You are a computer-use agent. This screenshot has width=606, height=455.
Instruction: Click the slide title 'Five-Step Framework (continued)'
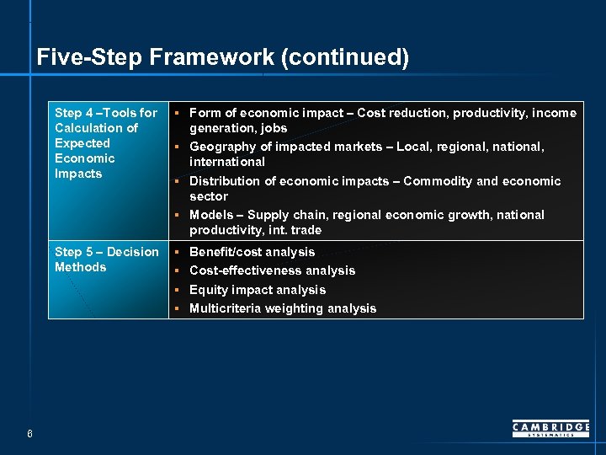(223, 57)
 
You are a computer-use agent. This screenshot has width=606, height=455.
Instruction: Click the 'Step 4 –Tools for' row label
(105, 113)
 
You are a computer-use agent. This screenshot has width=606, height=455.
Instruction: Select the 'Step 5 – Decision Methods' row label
(106, 260)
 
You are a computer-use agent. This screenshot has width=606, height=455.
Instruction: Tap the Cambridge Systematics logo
(550, 429)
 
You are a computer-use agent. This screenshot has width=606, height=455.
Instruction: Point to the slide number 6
(29, 434)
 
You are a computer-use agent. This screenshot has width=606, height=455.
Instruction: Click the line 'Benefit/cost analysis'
(252, 252)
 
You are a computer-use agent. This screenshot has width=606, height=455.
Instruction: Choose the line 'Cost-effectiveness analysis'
(272, 270)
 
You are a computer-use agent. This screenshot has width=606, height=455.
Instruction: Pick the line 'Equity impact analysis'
(257, 290)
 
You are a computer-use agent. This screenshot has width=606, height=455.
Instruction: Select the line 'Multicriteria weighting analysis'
(283, 308)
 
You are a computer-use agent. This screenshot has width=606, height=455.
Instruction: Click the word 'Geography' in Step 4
(221, 147)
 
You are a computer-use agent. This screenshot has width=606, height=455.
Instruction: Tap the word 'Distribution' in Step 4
(224, 181)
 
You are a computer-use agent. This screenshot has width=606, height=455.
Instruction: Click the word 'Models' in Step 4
(211, 215)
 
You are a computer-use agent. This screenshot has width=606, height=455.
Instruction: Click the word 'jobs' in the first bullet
(274, 128)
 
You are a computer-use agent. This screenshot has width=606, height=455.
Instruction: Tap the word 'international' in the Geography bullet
(226, 162)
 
